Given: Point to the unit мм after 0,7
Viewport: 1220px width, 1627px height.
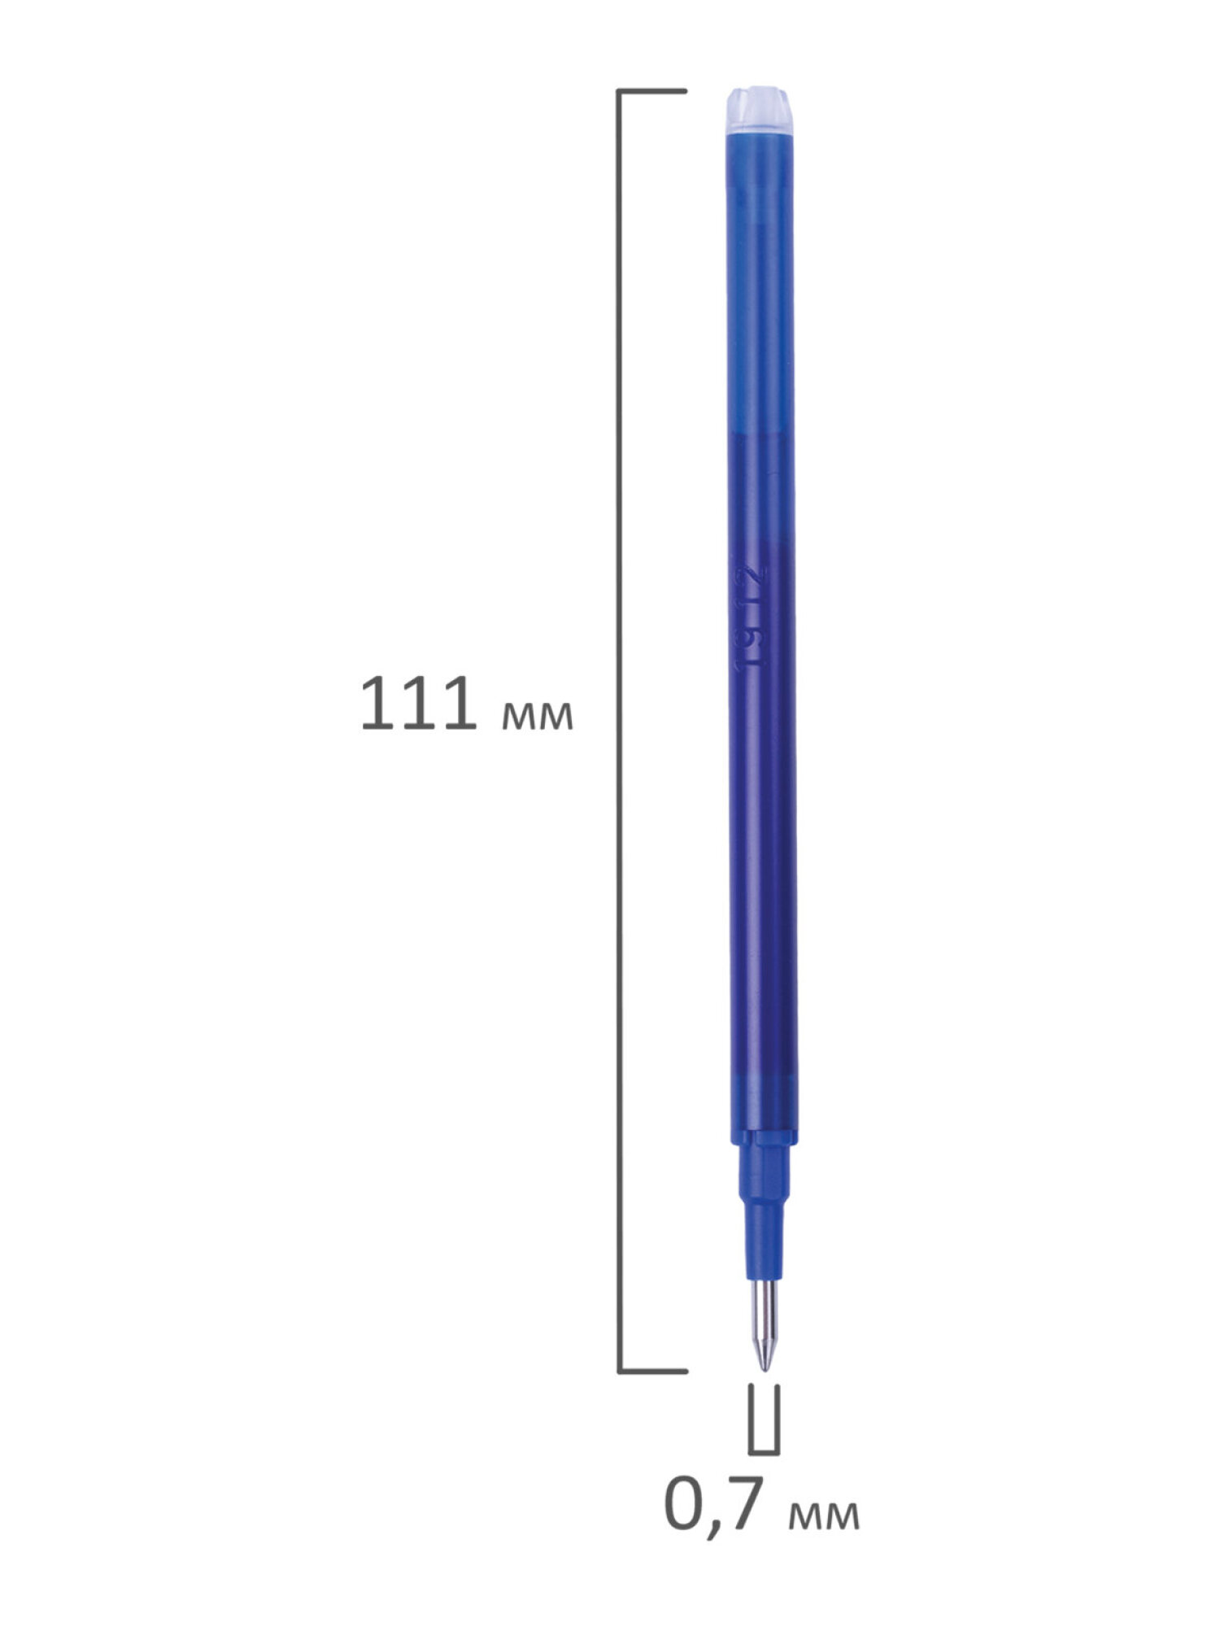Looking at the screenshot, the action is pyautogui.click(x=823, y=1516).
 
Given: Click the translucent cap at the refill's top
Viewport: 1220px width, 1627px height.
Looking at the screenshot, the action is pyautogui.click(x=757, y=110).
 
